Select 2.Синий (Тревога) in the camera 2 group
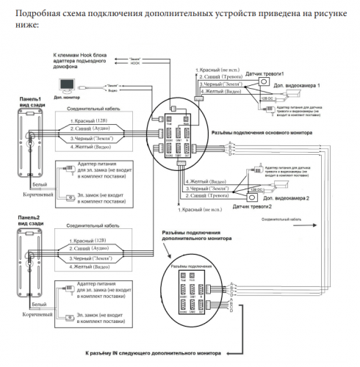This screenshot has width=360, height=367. [x=209, y=196]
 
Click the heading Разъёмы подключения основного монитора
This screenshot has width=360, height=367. [x=263, y=133]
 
